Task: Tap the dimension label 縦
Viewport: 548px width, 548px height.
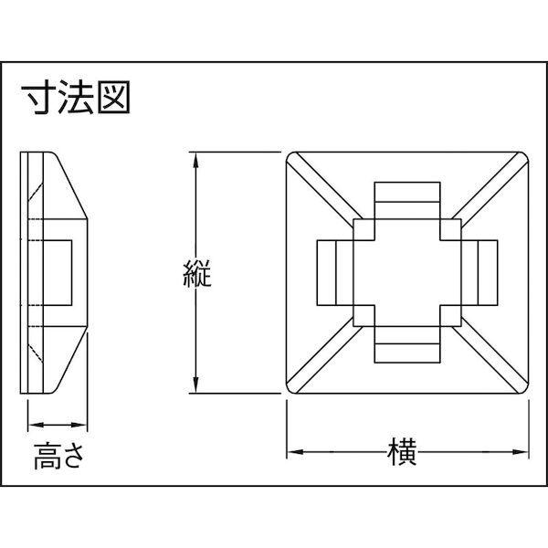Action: coord(195,273)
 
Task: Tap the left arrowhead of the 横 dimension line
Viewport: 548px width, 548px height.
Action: coord(294,452)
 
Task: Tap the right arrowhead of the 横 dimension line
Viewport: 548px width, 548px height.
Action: coord(523,452)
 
